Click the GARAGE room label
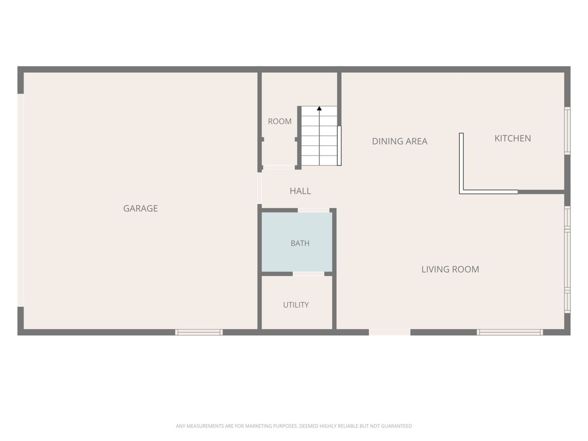click(140, 208)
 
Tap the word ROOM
click(280, 122)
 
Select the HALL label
click(300, 191)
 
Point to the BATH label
click(300, 243)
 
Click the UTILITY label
click(296, 305)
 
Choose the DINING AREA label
click(400, 141)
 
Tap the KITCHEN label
click(513, 138)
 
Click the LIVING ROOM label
click(450, 269)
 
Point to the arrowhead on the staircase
click(319, 108)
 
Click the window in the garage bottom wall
click(199, 332)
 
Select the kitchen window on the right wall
click(567, 131)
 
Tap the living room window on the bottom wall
click(510, 332)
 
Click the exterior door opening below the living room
click(390, 332)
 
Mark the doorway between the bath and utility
click(308, 273)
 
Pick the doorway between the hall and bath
click(314, 210)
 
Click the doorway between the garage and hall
click(260, 188)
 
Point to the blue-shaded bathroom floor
click(297, 242)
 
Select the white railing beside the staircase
click(339, 146)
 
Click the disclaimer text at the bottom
click(294, 426)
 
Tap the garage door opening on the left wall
click(21, 200)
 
